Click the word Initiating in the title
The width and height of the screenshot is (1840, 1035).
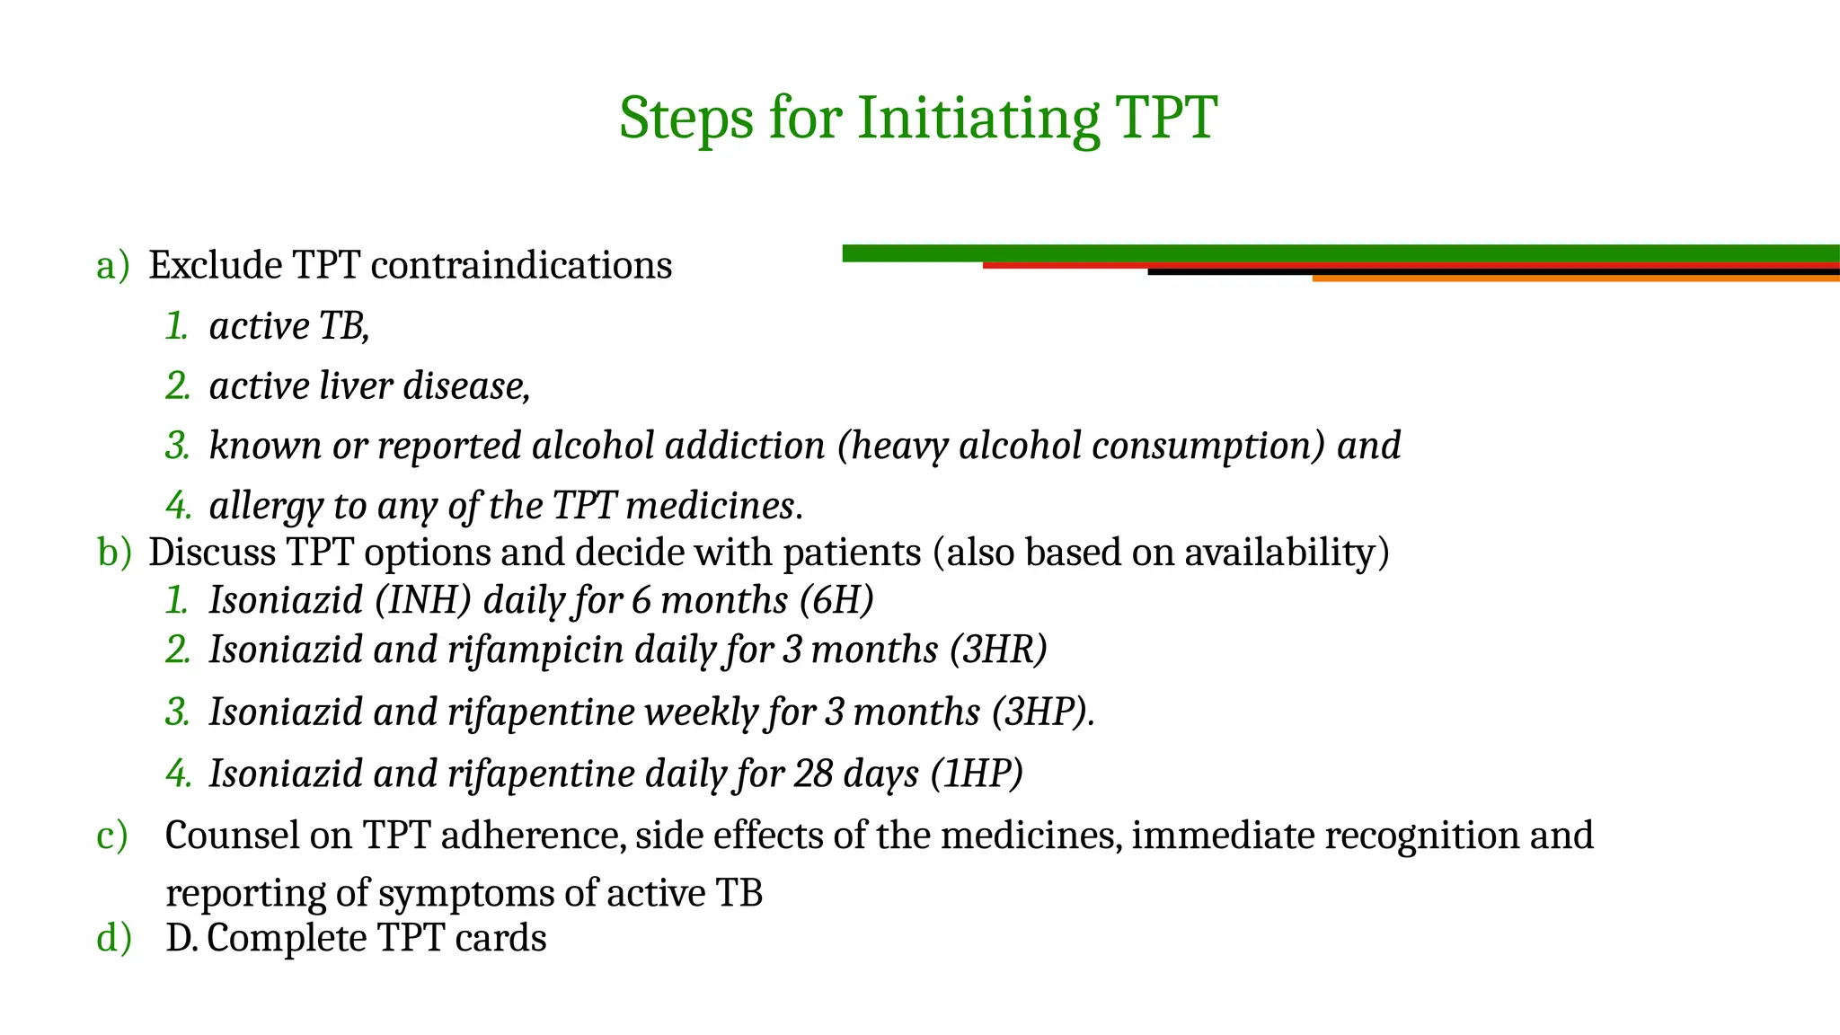[978, 118]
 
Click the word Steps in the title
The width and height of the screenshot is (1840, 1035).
[686, 118]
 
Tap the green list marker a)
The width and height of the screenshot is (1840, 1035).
[112, 266]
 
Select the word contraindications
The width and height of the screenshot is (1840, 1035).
[521, 266]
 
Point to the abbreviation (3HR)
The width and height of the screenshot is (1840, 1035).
[998, 650]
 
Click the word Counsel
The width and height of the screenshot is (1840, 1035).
[232, 836]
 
